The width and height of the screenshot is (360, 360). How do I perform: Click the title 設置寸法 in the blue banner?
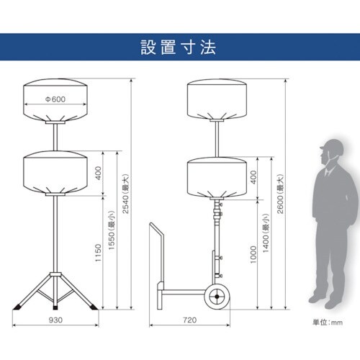coord(179,48)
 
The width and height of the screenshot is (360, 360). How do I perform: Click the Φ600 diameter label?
coord(55,99)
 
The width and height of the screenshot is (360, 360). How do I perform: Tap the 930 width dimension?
coord(55,320)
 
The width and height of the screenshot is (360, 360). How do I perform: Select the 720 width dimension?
coord(189,320)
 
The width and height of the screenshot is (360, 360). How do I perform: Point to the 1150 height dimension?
coord(98,253)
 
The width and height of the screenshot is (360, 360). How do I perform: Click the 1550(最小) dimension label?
coord(112,230)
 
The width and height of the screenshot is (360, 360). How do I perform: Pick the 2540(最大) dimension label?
coord(125,194)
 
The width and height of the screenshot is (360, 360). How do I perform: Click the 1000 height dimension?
coord(253,255)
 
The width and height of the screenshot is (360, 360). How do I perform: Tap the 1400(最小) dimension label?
coord(266,233)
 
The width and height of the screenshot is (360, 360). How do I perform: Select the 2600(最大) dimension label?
coord(280,194)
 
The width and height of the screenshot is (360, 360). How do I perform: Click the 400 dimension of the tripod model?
coord(99,173)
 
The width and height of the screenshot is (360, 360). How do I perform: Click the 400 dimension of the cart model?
coord(253,177)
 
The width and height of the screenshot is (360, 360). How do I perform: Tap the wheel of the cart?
coord(217,297)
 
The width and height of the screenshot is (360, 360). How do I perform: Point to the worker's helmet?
coord(333,147)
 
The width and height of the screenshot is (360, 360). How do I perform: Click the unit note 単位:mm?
coord(328,323)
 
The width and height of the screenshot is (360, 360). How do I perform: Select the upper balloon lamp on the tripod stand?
coord(55,100)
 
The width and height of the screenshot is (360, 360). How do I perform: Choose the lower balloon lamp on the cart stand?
coord(217,178)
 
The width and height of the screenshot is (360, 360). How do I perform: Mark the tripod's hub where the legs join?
coord(55,274)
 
